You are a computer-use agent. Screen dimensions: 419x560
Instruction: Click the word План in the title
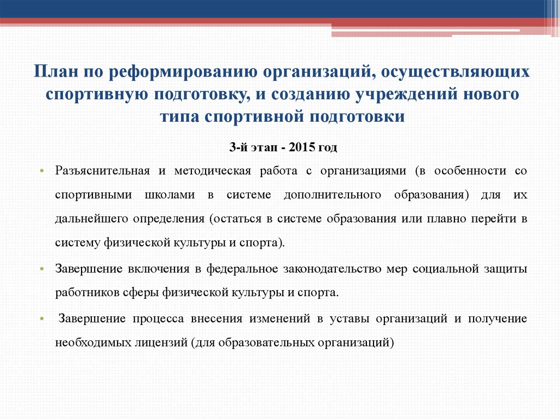coord(53,72)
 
